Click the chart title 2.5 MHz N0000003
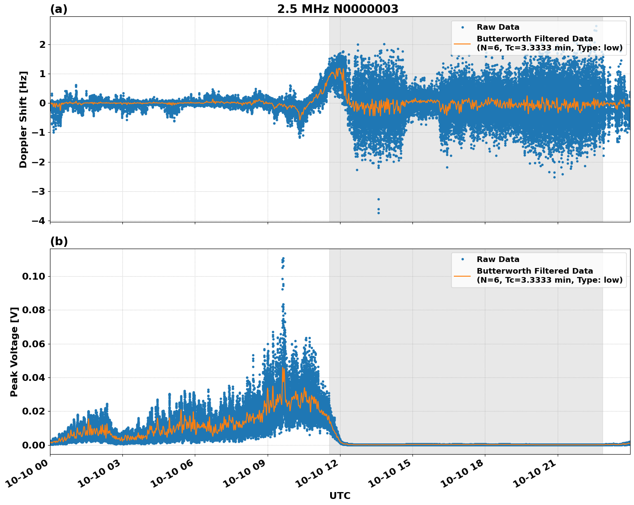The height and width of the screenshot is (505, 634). click(x=337, y=9)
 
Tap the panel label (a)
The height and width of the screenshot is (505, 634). click(x=59, y=9)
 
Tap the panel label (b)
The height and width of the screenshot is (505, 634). click(x=59, y=241)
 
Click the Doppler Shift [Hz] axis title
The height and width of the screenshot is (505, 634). click(x=23, y=119)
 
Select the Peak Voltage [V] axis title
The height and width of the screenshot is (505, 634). click(x=15, y=352)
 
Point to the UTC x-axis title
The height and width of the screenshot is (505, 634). click(x=340, y=496)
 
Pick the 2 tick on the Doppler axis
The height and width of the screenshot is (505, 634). click(x=42, y=44)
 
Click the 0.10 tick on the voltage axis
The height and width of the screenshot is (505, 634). click(x=34, y=276)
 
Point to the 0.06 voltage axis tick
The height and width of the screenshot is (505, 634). click(x=34, y=344)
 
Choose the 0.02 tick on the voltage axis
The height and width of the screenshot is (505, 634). click(x=34, y=411)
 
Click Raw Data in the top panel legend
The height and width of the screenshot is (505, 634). click(x=498, y=27)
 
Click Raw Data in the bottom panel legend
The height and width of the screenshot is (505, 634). click(x=498, y=259)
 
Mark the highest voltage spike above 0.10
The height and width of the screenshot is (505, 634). click(x=283, y=259)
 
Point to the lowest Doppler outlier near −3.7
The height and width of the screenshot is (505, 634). click(x=378, y=213)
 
